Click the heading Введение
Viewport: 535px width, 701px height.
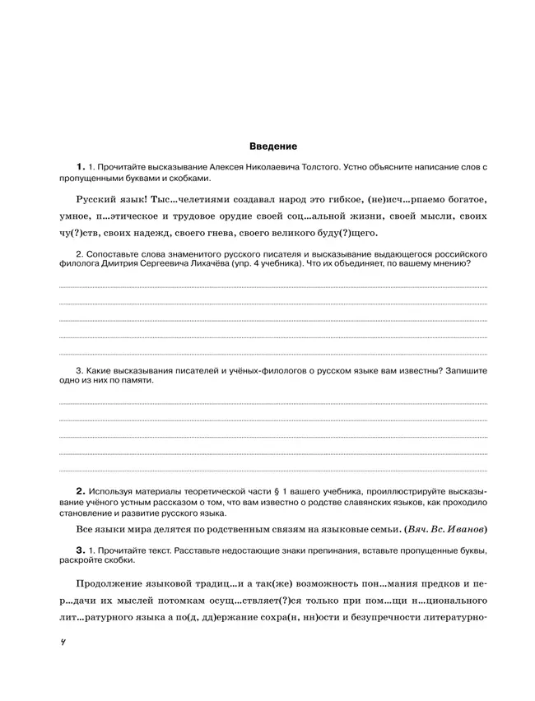pos(272,146)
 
